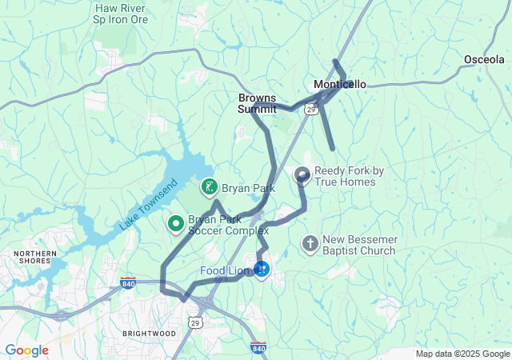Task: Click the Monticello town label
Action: pyautogui.click(x=340, y=84)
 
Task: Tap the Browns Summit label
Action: pyautogui.click(x=257, y=103)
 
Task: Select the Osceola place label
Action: pyautogui.click(x=484, y=59)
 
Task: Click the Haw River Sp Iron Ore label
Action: pyautogui.click(x=121, y=14)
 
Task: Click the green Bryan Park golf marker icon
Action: pyautogui.click(x=209, y=188)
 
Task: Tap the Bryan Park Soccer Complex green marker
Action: pyautogui.click(x=175, y=222)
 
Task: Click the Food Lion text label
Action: pyautogui.click(x=225, y=271)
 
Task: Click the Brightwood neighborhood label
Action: pyautogui.click(x=149, y=332)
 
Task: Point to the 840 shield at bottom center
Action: pyautogui.click(x=258, y=348)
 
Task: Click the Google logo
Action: pyautogui.click(x=26, y=350)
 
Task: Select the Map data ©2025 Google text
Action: pyautogui.click(x=462, y=354)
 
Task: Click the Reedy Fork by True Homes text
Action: pyautogui.click(x=350, y=176)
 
